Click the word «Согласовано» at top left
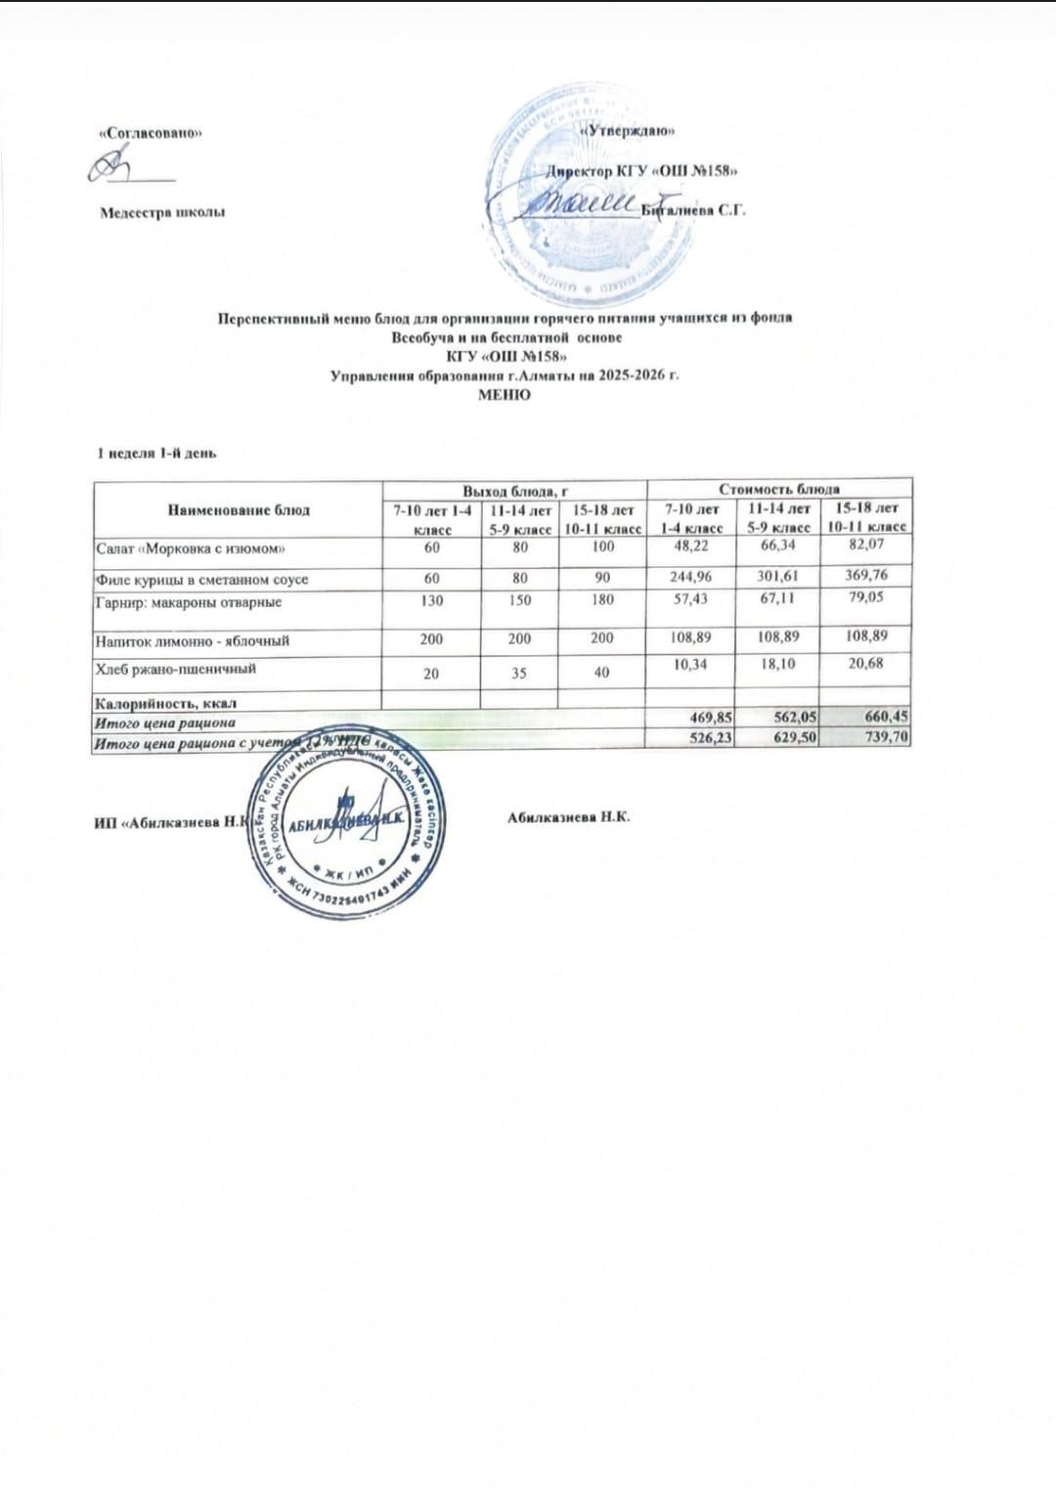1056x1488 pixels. pos(151,133)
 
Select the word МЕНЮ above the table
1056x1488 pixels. pos(504,395)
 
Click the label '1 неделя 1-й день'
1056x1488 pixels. pos(155,454)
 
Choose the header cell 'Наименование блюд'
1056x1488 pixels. pos(239,509)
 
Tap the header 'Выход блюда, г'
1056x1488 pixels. pos(514,489)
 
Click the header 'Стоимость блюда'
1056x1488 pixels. pos(779,489)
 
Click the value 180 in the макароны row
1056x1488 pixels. pos(602,600)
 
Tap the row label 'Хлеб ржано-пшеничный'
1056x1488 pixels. pos(175,670)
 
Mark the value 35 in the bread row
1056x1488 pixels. pos(519,673)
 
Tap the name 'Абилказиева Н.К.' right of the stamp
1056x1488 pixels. pos(569,816)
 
